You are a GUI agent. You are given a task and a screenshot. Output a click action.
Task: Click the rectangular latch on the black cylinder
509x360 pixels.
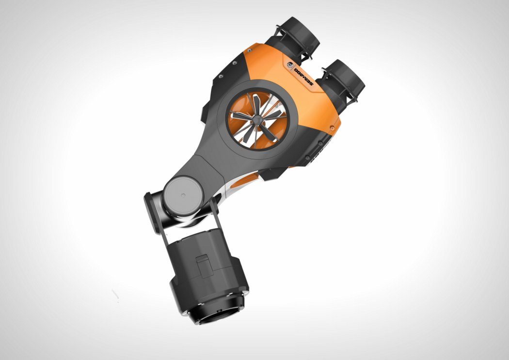pyautogui.click(x=203, y=266)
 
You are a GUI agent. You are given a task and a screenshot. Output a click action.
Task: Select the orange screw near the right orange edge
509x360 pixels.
pyautogui.click(x=332, y=128)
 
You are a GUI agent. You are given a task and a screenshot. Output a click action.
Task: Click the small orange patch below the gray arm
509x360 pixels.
pyautogui.click(x=245, y=182)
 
